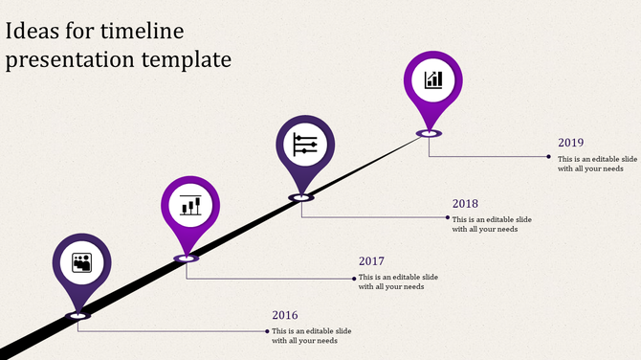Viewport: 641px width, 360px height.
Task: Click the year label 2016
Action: [285, 316]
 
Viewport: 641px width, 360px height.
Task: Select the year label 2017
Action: [371, 261]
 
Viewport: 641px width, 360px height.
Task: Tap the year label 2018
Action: [465, 204]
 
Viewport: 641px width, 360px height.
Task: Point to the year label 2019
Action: [571, 143]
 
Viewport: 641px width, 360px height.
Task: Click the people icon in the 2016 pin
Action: [82, 261]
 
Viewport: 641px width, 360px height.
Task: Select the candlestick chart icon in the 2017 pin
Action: [189, 205]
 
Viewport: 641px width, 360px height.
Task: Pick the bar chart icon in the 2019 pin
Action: [434, 79]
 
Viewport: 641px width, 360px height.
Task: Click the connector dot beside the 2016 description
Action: [267, 331]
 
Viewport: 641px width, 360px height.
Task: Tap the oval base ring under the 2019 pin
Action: [429, 134]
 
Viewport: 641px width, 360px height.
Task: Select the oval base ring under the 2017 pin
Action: [186, 259]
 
